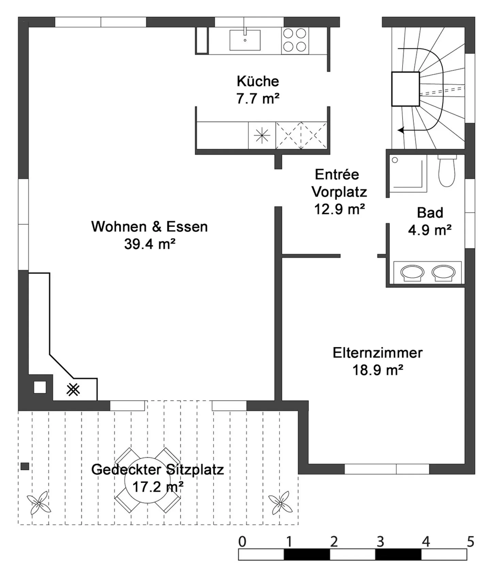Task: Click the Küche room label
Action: (258, 81)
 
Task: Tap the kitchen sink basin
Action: (245, 40)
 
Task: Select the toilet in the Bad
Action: (447, 171)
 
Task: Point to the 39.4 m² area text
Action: (150, 244)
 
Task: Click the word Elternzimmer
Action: (378, 353)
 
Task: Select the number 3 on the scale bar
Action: (380, 542)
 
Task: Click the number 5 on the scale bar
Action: (470, 542)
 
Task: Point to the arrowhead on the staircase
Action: (401, 130)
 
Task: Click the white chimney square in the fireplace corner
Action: (40, 387)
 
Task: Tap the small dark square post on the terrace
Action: (24, 466)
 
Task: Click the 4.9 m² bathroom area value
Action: (430, 230)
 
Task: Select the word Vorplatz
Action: (339, 192)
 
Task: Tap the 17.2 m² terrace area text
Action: (158, 487)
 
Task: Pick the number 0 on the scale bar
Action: (242, 542)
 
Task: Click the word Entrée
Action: (337, 175)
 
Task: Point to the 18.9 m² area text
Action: (378, 370)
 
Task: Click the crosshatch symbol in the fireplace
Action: (73, 390)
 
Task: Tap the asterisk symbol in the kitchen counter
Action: (262, 135)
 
